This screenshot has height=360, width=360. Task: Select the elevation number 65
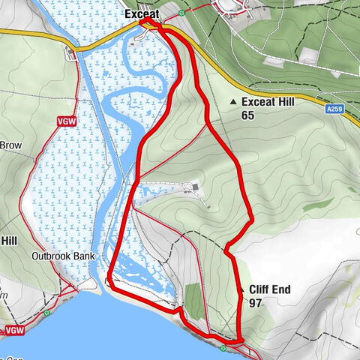248,115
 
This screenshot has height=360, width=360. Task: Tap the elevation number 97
256,302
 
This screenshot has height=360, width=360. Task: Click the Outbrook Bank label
62,256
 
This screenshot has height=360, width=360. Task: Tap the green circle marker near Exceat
182,13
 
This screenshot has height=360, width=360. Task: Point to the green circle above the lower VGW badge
46,313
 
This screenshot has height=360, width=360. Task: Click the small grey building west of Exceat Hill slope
196,187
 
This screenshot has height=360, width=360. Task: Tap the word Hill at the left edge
9,241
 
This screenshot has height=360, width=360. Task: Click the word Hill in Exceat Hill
290,102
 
